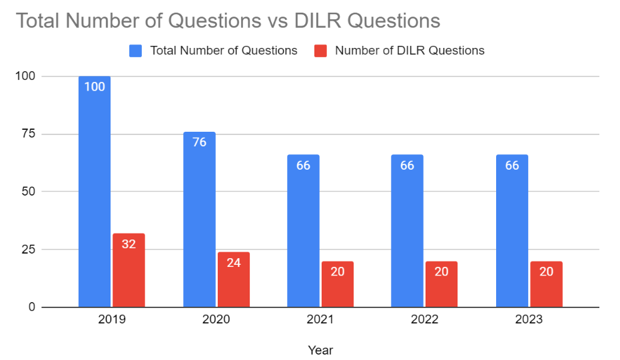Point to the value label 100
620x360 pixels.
click(x=95, y=87)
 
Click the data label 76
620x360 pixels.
click(x=199, y=142)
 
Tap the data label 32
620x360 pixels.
click(x=129, y=244)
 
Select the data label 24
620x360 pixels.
click(x=233, y=262)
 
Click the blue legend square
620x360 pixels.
click(x=136, y=51)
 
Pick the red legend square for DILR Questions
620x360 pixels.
click(x=321, y=51)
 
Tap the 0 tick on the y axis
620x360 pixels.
click(x=31, y=307)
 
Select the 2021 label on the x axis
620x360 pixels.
click(x=320, y=320)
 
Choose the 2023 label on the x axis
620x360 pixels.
click(x=529, y=320)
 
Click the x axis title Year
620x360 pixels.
click(x=320, y=350)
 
